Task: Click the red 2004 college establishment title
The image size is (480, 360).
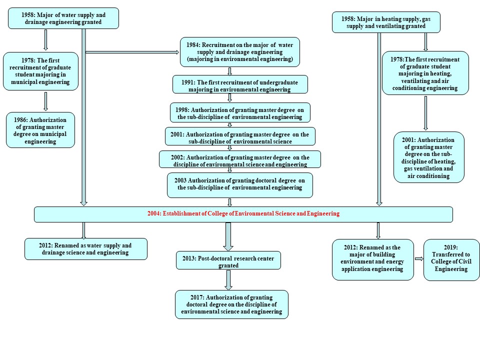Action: [243, 213]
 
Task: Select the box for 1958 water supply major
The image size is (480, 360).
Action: [63, 18]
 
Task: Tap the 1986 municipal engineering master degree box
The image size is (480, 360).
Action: [40, 130]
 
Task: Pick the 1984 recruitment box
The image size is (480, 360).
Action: [240, 52]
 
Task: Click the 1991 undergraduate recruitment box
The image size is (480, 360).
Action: [240, 84]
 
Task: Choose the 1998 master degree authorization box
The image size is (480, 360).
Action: [240, 112]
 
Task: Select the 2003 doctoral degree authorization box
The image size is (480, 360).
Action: [240, 185]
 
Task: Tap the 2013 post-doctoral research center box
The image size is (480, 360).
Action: [228, 260]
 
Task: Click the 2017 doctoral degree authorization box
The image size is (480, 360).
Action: [231, 304]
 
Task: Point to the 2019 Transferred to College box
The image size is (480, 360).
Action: [451, 260]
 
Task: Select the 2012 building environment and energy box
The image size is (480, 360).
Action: [373, 259]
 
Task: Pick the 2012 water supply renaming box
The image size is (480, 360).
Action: [86, 249]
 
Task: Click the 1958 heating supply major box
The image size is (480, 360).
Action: [386, 22]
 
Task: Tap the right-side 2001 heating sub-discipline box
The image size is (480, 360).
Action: [429, 157]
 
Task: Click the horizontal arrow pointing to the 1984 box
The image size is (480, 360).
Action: [132, 52]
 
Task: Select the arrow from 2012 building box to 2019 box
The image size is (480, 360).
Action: [419, 259]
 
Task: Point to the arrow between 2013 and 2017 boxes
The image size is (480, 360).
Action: [228, 280]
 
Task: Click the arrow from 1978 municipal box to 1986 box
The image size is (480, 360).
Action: [45, 101]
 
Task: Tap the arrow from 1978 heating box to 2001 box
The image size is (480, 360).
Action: [425, 113]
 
